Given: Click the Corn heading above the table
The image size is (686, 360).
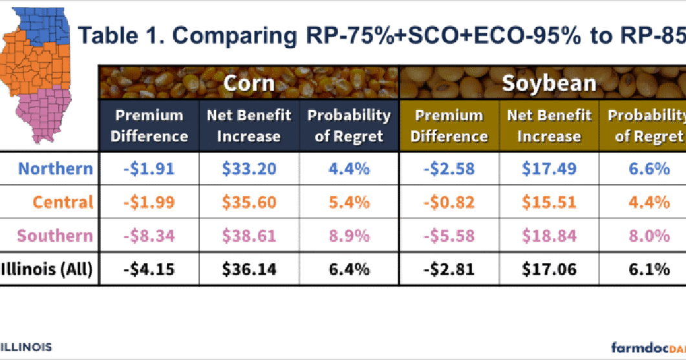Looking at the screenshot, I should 249,83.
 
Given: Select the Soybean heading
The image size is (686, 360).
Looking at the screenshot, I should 549,83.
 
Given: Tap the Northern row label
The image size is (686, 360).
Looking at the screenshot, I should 56,169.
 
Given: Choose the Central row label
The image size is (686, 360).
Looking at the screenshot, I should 63,202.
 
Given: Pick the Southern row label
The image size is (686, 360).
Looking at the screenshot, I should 55,235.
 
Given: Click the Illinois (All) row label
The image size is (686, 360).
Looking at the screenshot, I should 48,269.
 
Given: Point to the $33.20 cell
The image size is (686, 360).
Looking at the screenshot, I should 249,169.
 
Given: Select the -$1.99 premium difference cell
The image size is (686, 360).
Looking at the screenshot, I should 149,202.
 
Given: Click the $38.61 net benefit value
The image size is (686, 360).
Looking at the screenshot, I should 249,235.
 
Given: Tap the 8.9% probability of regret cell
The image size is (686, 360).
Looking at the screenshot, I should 348,235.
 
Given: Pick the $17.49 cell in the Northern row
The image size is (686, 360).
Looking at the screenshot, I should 549,169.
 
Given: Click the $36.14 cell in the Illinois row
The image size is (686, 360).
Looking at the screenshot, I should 249,269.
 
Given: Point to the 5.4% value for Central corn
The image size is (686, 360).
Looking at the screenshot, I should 348,202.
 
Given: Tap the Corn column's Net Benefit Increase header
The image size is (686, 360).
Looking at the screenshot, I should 249,126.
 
